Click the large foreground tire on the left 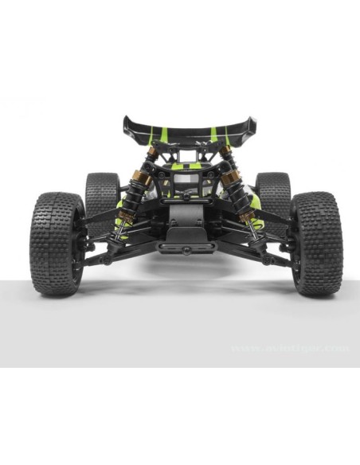pos(57,243)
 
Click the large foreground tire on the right pos(318,243)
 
